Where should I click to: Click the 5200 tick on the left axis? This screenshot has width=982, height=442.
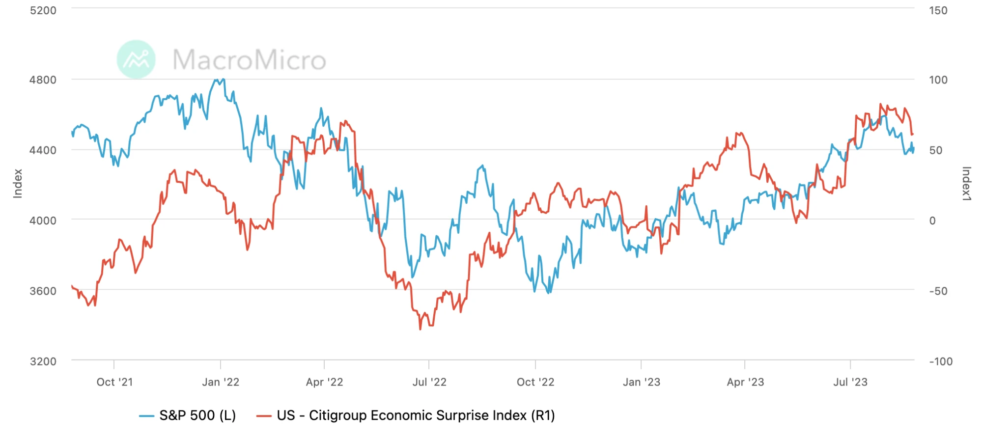pyautogui.click(x=43, y=10)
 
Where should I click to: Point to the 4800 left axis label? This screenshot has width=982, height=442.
pyautogui.click(x=43, y=80)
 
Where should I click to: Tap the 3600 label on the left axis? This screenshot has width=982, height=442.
pyautogui.click(x=43, y=291)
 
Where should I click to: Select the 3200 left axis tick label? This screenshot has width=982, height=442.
pyautogui.click(x=43, y=361)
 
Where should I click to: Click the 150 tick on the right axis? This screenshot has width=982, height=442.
pyautogui.click(x=938, y=10)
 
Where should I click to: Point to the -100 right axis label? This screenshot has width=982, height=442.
pyautogui.click(x=940, y=361)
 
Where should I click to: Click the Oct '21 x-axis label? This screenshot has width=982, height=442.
pyautogui.click(x=114, y=382)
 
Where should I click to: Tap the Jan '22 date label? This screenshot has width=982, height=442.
pyautogui.click(x=221, y=382)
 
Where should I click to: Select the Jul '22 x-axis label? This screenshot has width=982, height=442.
pyautogui.click(x=429, y=382)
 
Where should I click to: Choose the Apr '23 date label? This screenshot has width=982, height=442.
pyautogui.click(x=745, y=382)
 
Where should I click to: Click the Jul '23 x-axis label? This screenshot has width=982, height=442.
pyautogui.click(x=850, y=382)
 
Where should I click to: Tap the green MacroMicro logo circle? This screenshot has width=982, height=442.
pyautogui.click(x=136, y=59)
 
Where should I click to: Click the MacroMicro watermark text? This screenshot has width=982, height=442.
pyautogui.click(x=249, y=60)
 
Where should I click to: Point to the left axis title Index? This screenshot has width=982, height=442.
pyautogui.click(x=18, y=184)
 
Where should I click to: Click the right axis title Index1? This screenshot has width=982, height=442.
pyautogui.click(x=966, y=184)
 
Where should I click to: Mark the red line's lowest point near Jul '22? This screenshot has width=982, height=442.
pyautogui.click(x=421, y=329)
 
